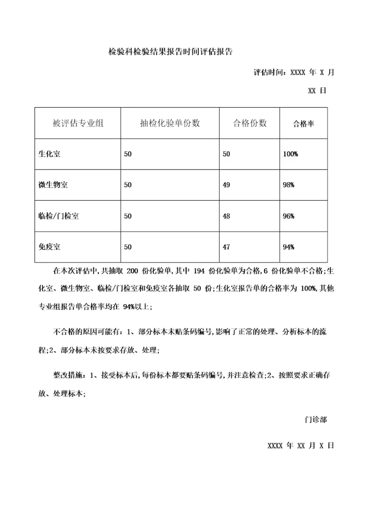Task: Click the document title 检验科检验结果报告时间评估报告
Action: tap(170, 52)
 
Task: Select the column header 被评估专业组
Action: tap(78, 123)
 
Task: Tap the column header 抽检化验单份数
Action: tap(170, 123)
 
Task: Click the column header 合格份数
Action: tap(249, 123)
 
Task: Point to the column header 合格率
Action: tap(303, 123)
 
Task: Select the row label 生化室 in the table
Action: tap(50, 154)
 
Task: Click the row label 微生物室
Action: tap(53, 185)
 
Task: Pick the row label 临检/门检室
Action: tap(58, 216)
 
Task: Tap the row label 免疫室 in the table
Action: tap(50, 247)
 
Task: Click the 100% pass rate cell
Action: tap(290, 154)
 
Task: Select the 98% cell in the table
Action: tap(288, 185)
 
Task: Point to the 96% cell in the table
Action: tap(288, 216)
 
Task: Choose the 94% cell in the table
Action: tap(288, 247)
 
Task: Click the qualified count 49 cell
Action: tap(227, 185)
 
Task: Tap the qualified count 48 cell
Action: tap(227, 216)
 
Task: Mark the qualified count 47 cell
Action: tap(227, 247)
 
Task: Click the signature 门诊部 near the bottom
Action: tap(315, 420)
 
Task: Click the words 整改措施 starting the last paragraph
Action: tap(69, 375)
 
